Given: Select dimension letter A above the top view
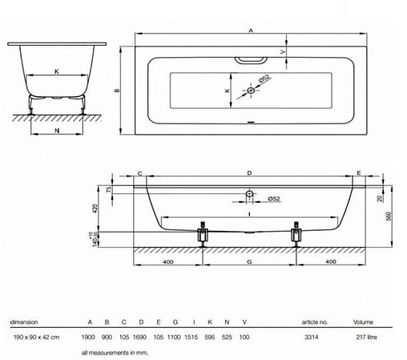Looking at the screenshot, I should (251, 30).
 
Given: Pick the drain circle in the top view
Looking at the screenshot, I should (251, 91).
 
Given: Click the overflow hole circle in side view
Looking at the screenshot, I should (248, 194).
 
